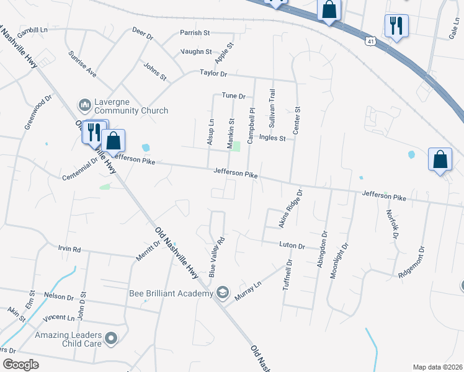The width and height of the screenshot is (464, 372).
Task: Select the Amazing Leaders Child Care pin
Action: [x=111, y=338]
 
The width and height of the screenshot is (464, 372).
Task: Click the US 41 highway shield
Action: [x=370, y=41]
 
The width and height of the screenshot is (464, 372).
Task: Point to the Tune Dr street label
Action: [x=234, y=96]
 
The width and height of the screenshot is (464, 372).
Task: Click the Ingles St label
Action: [x=272, y=138]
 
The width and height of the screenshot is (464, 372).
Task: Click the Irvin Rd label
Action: [x=69, y=249]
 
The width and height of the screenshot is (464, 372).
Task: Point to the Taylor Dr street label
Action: [x=213, y=73]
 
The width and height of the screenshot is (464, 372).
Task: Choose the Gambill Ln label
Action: [x=32, y=30]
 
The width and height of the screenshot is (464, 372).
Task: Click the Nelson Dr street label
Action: [x=59, y=296]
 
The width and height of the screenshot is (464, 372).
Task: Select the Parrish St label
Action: [x=195, y=32]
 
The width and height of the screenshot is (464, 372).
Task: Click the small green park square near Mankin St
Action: [x=236, y=146]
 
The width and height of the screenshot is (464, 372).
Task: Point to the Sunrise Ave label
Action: [x=83, y=64]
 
